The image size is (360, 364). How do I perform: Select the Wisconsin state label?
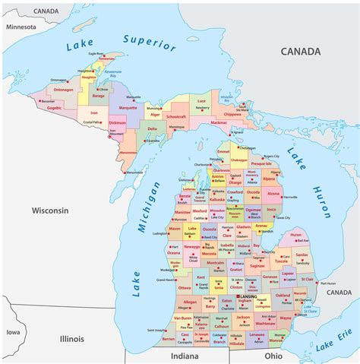click(x=50, y=210)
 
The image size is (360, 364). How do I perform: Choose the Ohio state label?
click(x=273, y=355)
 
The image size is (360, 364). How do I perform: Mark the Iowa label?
click(x=13, y=332)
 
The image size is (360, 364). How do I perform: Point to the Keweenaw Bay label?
click(x=113, y=76)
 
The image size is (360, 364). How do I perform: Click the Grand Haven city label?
click(x=168, y=280)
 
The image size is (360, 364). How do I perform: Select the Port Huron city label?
click(x=333, y=283)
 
